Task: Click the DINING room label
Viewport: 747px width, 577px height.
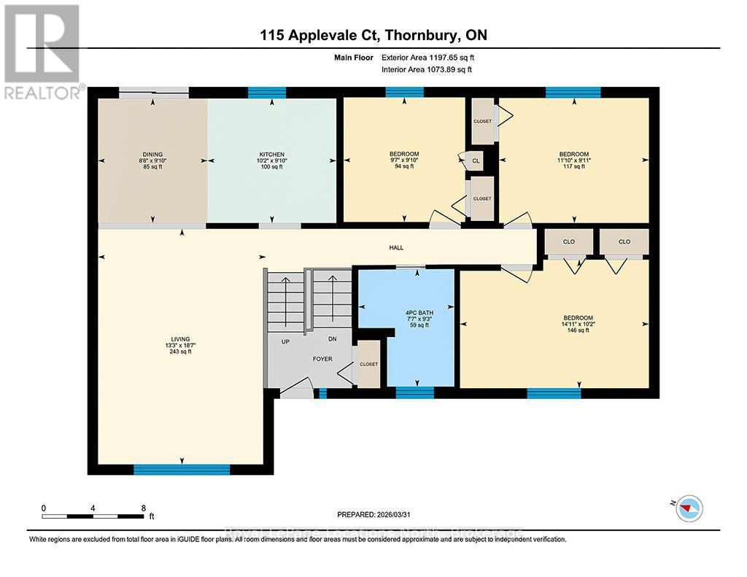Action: [152, 154]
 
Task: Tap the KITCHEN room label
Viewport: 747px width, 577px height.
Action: [271, 154]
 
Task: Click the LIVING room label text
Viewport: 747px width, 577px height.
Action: [180, 339]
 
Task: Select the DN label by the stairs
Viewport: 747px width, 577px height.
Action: [332, 339]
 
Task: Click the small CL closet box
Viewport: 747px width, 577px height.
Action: [475, 160]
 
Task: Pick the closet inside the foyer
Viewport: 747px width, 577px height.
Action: [368, 364]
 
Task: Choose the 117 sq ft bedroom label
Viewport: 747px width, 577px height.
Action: [574, 160]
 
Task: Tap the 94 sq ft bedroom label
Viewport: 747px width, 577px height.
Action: [404, 160]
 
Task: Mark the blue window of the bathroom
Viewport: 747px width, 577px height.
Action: [414, 393]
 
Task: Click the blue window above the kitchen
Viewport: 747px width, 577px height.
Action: [258, 93]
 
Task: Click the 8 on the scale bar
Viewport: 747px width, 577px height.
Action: [144, 508]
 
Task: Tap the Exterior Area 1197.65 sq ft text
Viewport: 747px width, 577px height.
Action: [427, 57]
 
